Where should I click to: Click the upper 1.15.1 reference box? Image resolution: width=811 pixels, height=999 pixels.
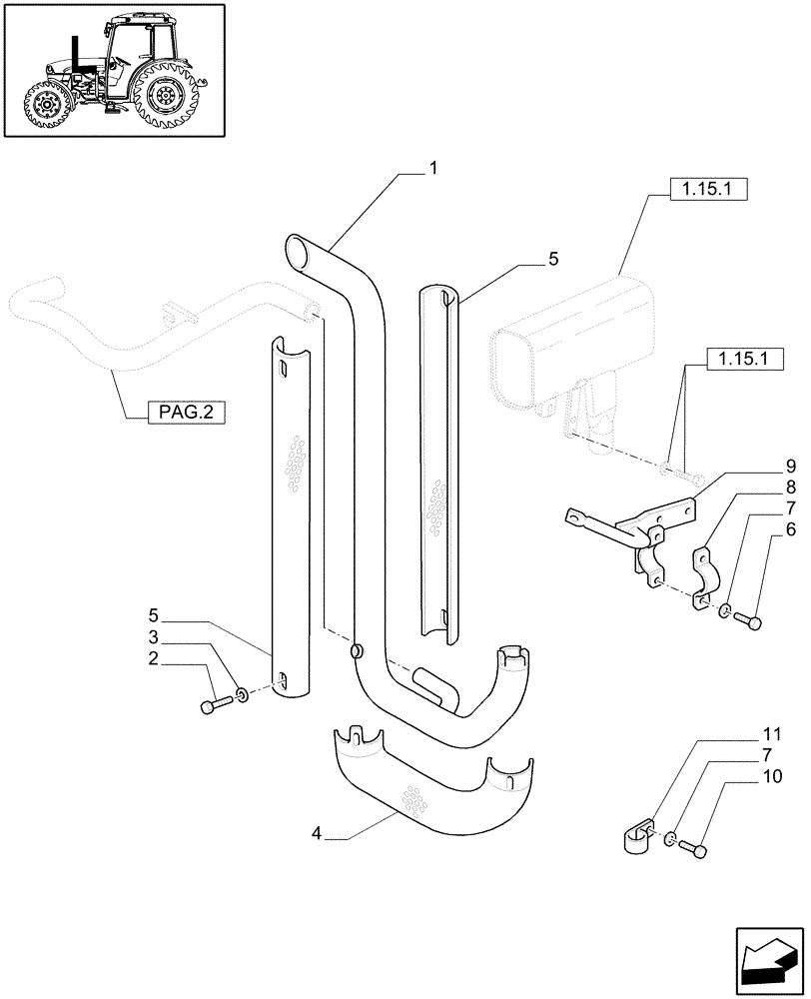pos(690,191)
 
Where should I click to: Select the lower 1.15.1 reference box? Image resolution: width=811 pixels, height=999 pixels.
pos(745,359)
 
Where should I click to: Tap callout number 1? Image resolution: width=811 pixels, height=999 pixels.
pos(433,170)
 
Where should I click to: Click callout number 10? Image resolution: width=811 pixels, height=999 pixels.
pos(775,776)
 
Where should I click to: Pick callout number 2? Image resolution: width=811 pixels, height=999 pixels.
pos(154,659)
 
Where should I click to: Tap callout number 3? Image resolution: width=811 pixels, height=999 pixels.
pos(154,637)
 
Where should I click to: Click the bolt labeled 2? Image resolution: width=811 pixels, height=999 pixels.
pos(215,706)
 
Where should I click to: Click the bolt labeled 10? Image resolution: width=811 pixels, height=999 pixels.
pos(695,850)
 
